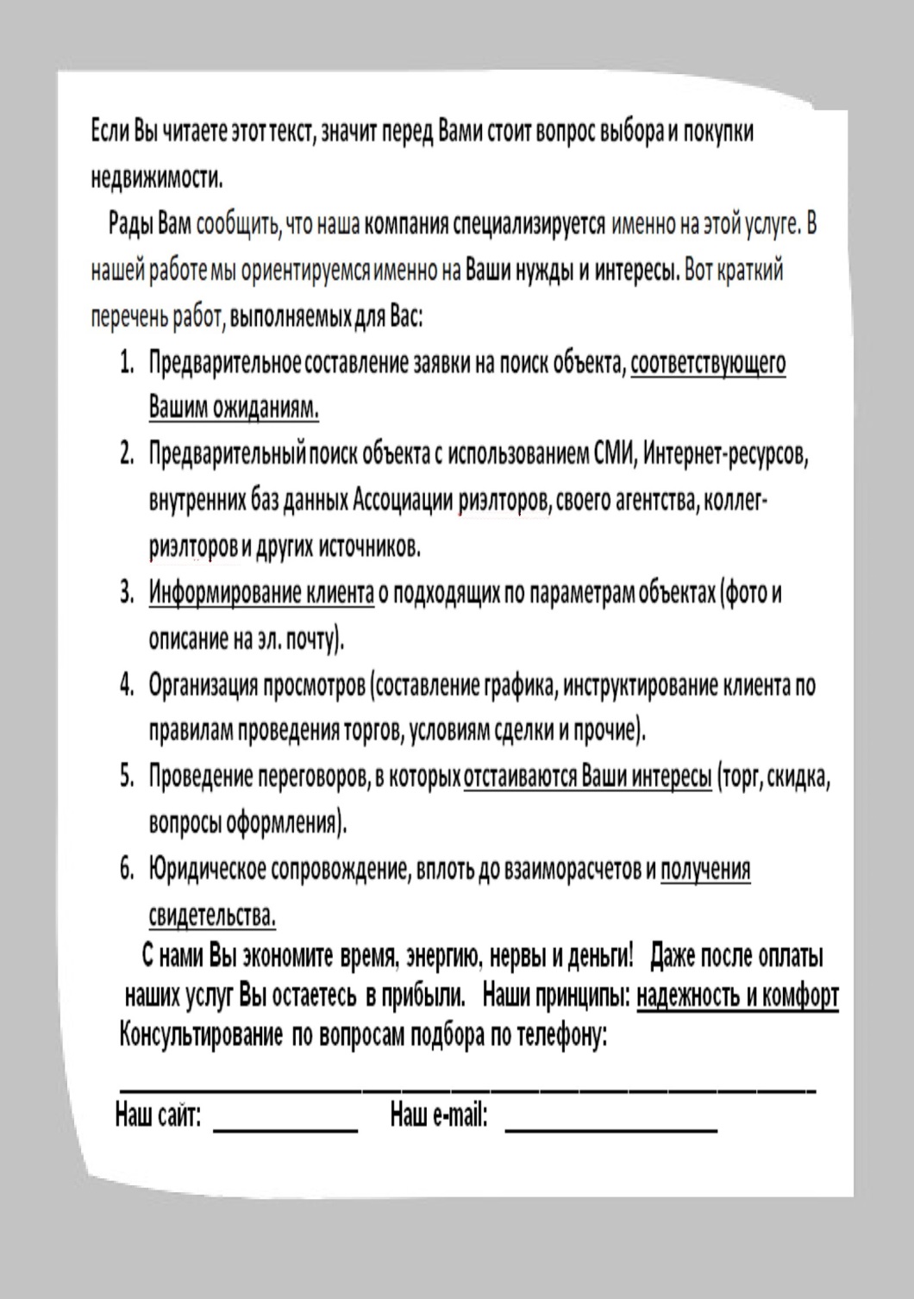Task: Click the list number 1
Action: click(127, 362)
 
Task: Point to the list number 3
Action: click(127, 593)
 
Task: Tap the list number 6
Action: click(127, 869)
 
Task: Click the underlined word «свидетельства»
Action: click(212, 915)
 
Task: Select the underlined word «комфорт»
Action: click(800, 996)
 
